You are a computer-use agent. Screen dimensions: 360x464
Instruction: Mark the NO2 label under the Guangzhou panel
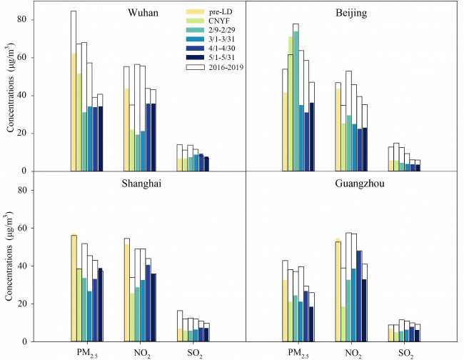(353, 352)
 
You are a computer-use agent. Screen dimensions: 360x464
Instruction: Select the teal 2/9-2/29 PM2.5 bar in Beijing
(296, 101)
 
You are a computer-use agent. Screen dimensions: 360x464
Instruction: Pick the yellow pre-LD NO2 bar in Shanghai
(127, 293)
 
